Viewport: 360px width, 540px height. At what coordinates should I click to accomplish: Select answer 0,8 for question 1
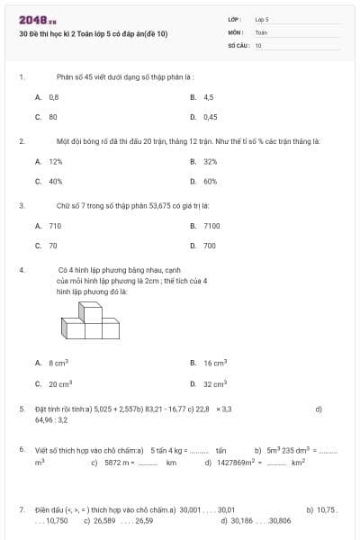(x=54, y=96)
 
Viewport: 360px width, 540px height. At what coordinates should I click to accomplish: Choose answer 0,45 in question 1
(x=210, y=116)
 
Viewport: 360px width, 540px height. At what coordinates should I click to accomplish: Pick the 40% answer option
(x=55, y=181)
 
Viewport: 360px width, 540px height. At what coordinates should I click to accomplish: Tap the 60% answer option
(x=210, y=181)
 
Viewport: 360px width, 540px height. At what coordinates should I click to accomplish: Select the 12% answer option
(x=55, y=161)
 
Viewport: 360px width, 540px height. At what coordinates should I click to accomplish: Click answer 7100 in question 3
(x=211, y=226)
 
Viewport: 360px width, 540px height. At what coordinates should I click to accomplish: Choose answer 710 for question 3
(x=55, y=226)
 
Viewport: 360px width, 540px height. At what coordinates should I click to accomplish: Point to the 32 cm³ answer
(x=214, y=382)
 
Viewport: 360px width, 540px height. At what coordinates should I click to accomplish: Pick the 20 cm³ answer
(x=59, y=382)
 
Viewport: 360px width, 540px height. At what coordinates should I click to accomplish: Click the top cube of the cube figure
(x=90, y=310)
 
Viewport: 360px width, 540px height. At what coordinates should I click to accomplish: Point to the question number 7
(x=21, y=508)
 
